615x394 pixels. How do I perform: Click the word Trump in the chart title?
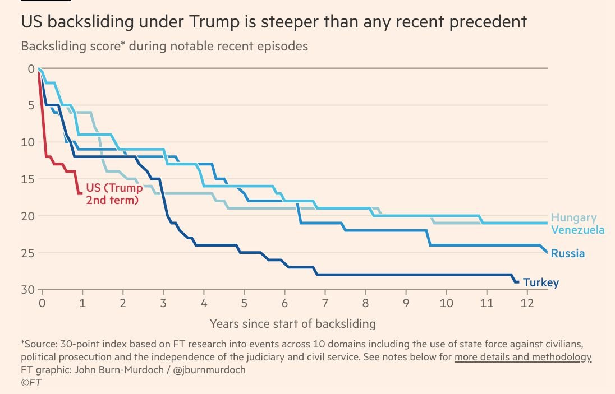coord(214,22)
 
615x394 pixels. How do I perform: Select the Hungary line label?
coord(574,218)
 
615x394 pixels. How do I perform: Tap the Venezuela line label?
coord(578,230)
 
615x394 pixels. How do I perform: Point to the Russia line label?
coord(567,253)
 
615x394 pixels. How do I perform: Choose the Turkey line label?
coord(541,282)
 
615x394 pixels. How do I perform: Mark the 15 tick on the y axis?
coord(28,179)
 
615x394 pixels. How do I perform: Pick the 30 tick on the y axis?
coord(28,289)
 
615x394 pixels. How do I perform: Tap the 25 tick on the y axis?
coord(28,253)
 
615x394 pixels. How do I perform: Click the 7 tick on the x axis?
coord(325,303)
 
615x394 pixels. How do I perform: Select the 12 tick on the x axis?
coord(527,303)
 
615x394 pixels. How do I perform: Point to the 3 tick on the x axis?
coord(163,303)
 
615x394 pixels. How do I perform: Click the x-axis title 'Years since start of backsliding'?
coord(292,324)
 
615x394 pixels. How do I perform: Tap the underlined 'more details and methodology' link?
coord(523,357)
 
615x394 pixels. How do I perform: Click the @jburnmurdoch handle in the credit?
coord(209,370)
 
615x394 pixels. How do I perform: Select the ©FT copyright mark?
coord(31,383)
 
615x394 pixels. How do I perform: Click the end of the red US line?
coord(81,193)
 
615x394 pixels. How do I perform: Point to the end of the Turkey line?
coord(518,282)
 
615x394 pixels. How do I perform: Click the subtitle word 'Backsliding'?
coord(53,46)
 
